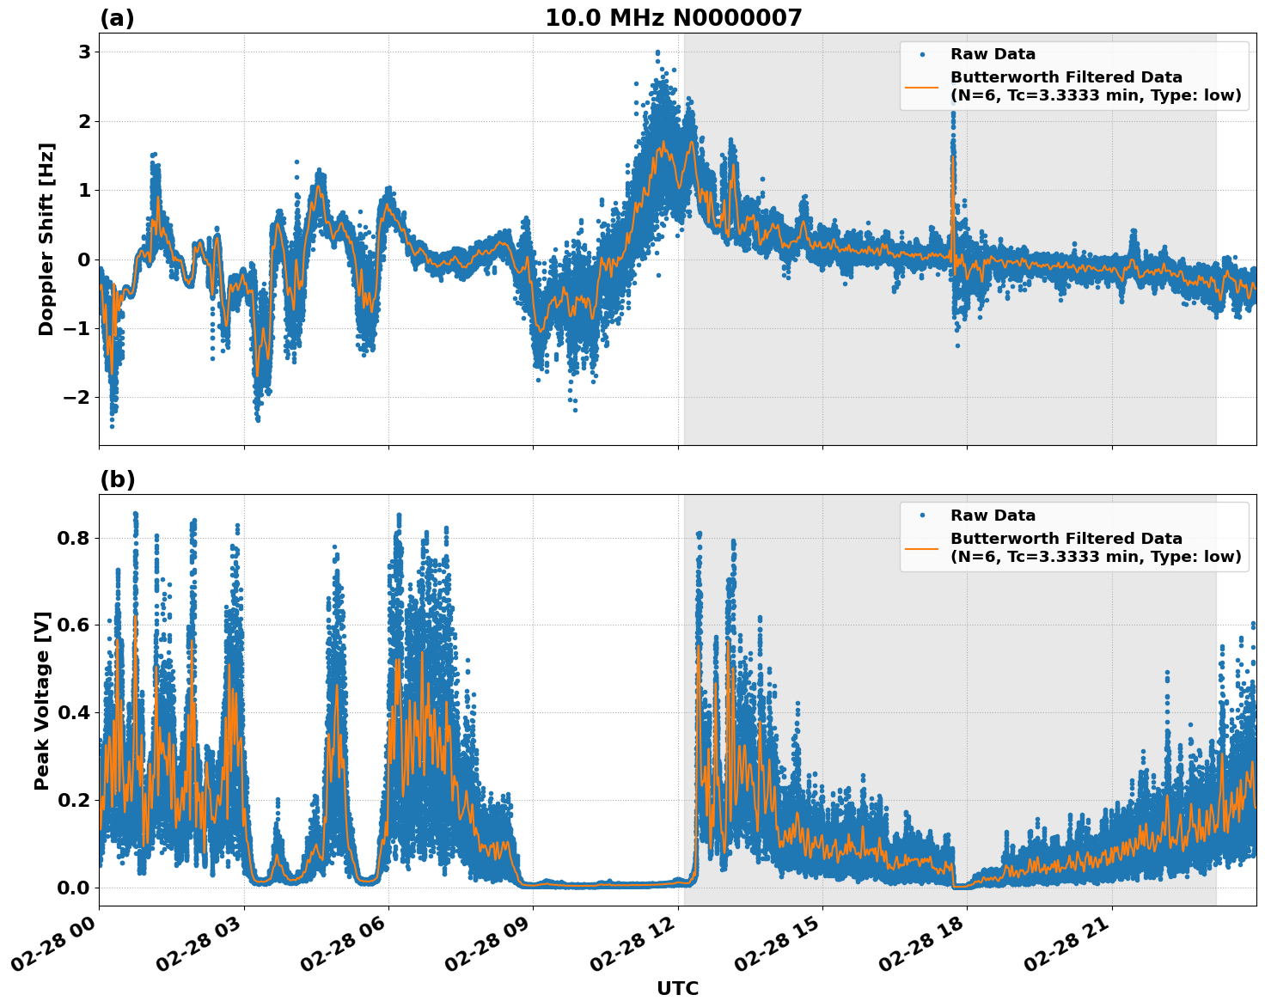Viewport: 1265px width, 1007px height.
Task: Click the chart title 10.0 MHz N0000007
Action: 673,18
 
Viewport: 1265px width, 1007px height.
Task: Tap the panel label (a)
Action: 117,18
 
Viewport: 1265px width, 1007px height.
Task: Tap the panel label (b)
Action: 117,479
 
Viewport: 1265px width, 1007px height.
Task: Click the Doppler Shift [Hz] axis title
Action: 46,239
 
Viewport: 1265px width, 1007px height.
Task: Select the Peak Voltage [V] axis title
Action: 42,700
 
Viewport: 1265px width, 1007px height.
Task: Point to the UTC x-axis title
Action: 677,988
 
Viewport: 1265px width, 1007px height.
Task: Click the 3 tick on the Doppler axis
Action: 84,52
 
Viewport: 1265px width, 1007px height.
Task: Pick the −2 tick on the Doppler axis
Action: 76,397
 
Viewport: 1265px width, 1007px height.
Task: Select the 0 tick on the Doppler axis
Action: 84,259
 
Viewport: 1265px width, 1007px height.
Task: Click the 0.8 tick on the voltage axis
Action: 75,539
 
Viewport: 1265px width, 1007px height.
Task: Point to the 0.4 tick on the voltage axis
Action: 75,713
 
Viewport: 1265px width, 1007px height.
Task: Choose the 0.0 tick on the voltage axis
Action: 75,888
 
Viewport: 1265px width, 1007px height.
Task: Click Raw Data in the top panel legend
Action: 993,54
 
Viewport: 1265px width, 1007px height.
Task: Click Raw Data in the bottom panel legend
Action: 993,516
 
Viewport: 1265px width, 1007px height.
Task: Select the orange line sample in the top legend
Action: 922,86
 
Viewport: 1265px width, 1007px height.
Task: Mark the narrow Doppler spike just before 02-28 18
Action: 953,155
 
